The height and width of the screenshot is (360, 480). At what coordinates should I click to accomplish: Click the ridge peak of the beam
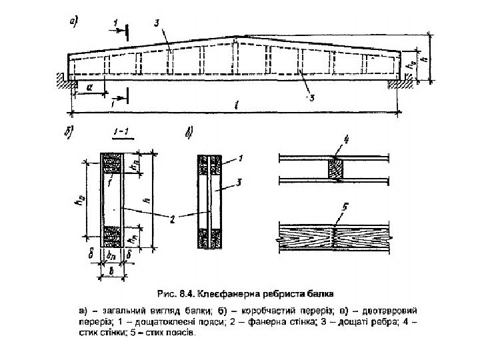(x=237, y=36)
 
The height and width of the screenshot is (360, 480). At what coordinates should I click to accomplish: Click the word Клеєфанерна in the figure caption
(x=231, y=292)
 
